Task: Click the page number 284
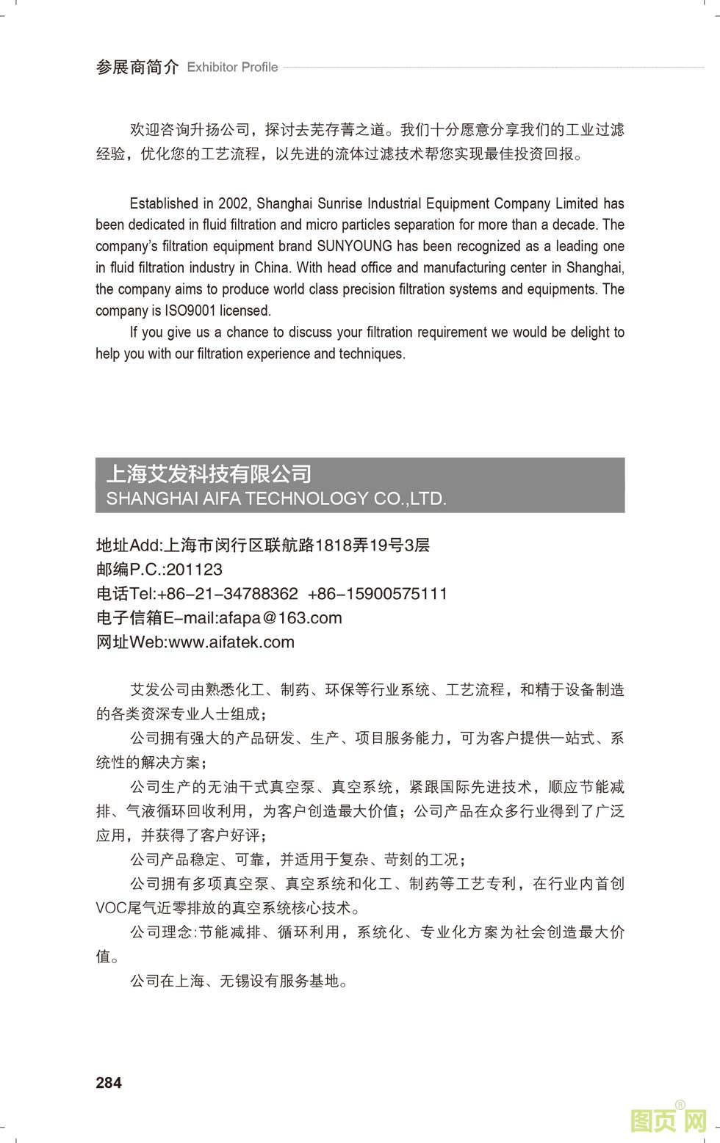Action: [109, 1082]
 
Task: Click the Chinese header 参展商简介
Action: [137, 68]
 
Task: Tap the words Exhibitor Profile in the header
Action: [232, 68]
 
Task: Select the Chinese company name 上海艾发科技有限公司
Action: [209, 473]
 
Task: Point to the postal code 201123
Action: [195, 570]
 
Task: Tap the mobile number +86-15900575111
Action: [378, 594]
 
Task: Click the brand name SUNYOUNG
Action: [354, 246]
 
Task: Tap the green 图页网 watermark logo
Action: [669, 1120]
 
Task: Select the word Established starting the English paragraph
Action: [164, 203]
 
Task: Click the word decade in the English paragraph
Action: [577, 225]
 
